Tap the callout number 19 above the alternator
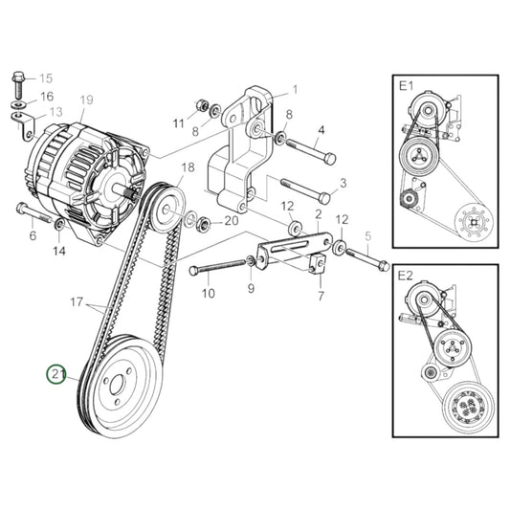pos(86,100)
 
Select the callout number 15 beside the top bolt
pos(46,78)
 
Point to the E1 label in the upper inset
pos(407,87)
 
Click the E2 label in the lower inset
pos(407,275)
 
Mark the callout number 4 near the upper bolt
pos(321,129)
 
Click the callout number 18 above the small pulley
pos(188,166)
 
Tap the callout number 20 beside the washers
pos(231,221)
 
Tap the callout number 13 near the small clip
pos(55,112)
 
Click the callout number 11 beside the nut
pos(178,123)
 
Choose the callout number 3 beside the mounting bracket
pos(343,182)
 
